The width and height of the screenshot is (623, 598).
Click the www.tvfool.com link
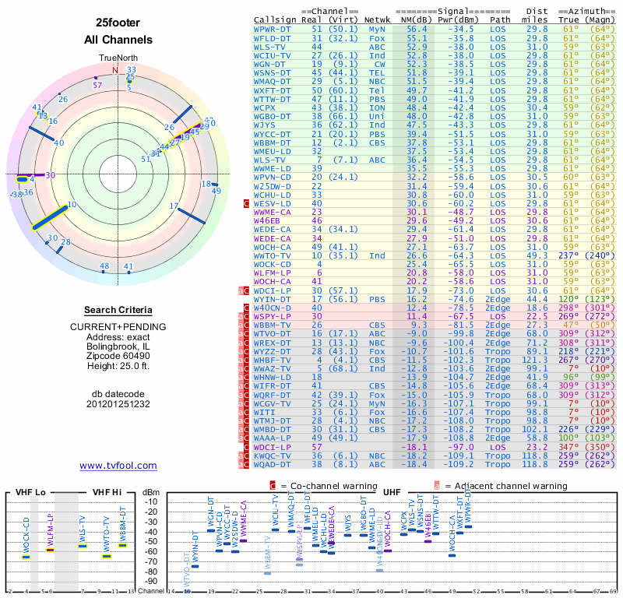118,466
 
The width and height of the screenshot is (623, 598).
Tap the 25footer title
118,23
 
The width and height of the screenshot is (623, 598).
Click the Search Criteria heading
118,310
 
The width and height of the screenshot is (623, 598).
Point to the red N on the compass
115,70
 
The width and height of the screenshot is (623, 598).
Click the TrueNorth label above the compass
118,58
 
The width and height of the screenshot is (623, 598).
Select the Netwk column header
378,19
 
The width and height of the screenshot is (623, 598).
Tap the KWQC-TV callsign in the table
273,455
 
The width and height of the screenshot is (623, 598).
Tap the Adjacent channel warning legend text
505,486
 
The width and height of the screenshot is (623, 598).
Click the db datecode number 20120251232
118,403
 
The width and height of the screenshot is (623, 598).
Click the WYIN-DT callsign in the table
273,298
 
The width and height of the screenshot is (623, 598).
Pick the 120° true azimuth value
569,298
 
